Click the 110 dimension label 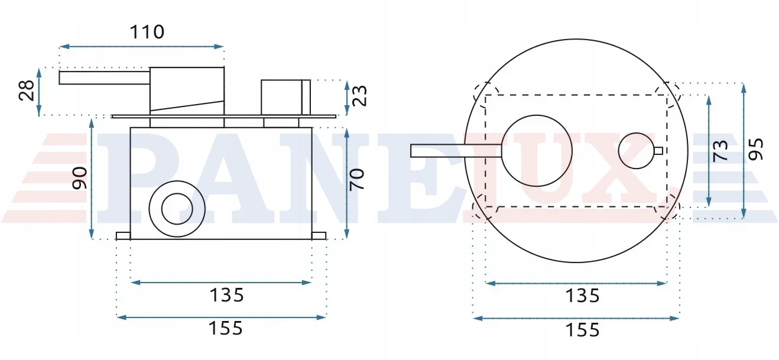pyautogui.click(x=147, y=32)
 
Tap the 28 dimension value pyautogui.click(x=27, y=91)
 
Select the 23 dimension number pyautogui.click(x=359, y=96)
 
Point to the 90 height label pyautogui.click(x=79, y=178)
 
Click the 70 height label pyautogui.click(x=357, y=180)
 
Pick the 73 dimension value pyautogui.click(x=720, y=151)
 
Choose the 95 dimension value pyautogui.click(x=756, y=150)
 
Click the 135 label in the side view pyautogui.click(x=227, y=296)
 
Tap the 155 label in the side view pyautogui.click(x=225, y=328)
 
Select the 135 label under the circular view pyautogui.click(x=583, y=296)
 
